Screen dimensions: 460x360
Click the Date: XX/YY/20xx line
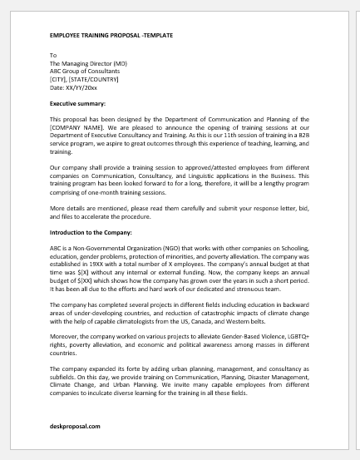74,86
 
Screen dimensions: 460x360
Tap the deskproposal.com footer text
74,426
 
